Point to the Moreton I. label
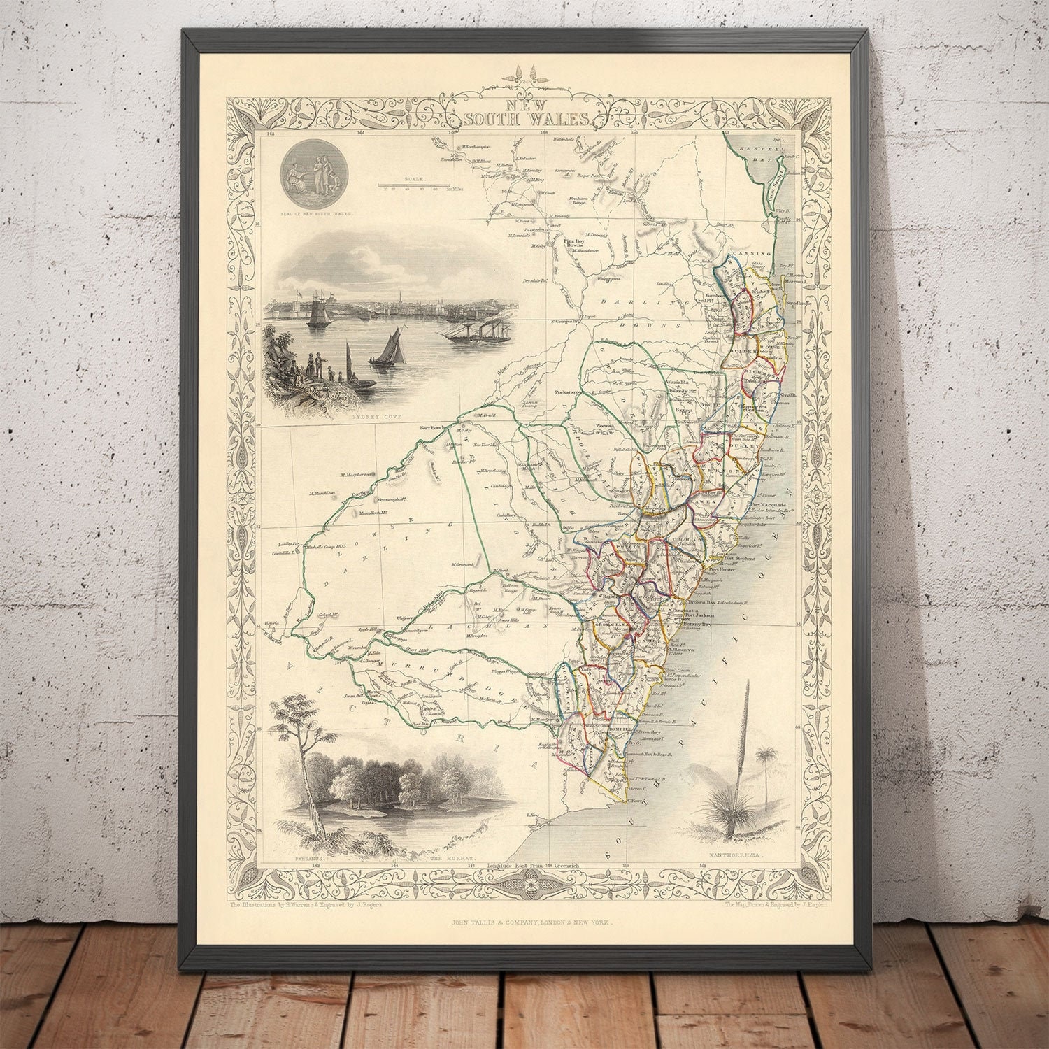pyautogui.click(x=796, y=281)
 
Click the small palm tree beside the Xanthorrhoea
pyautogui.click(x=766, y=759)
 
